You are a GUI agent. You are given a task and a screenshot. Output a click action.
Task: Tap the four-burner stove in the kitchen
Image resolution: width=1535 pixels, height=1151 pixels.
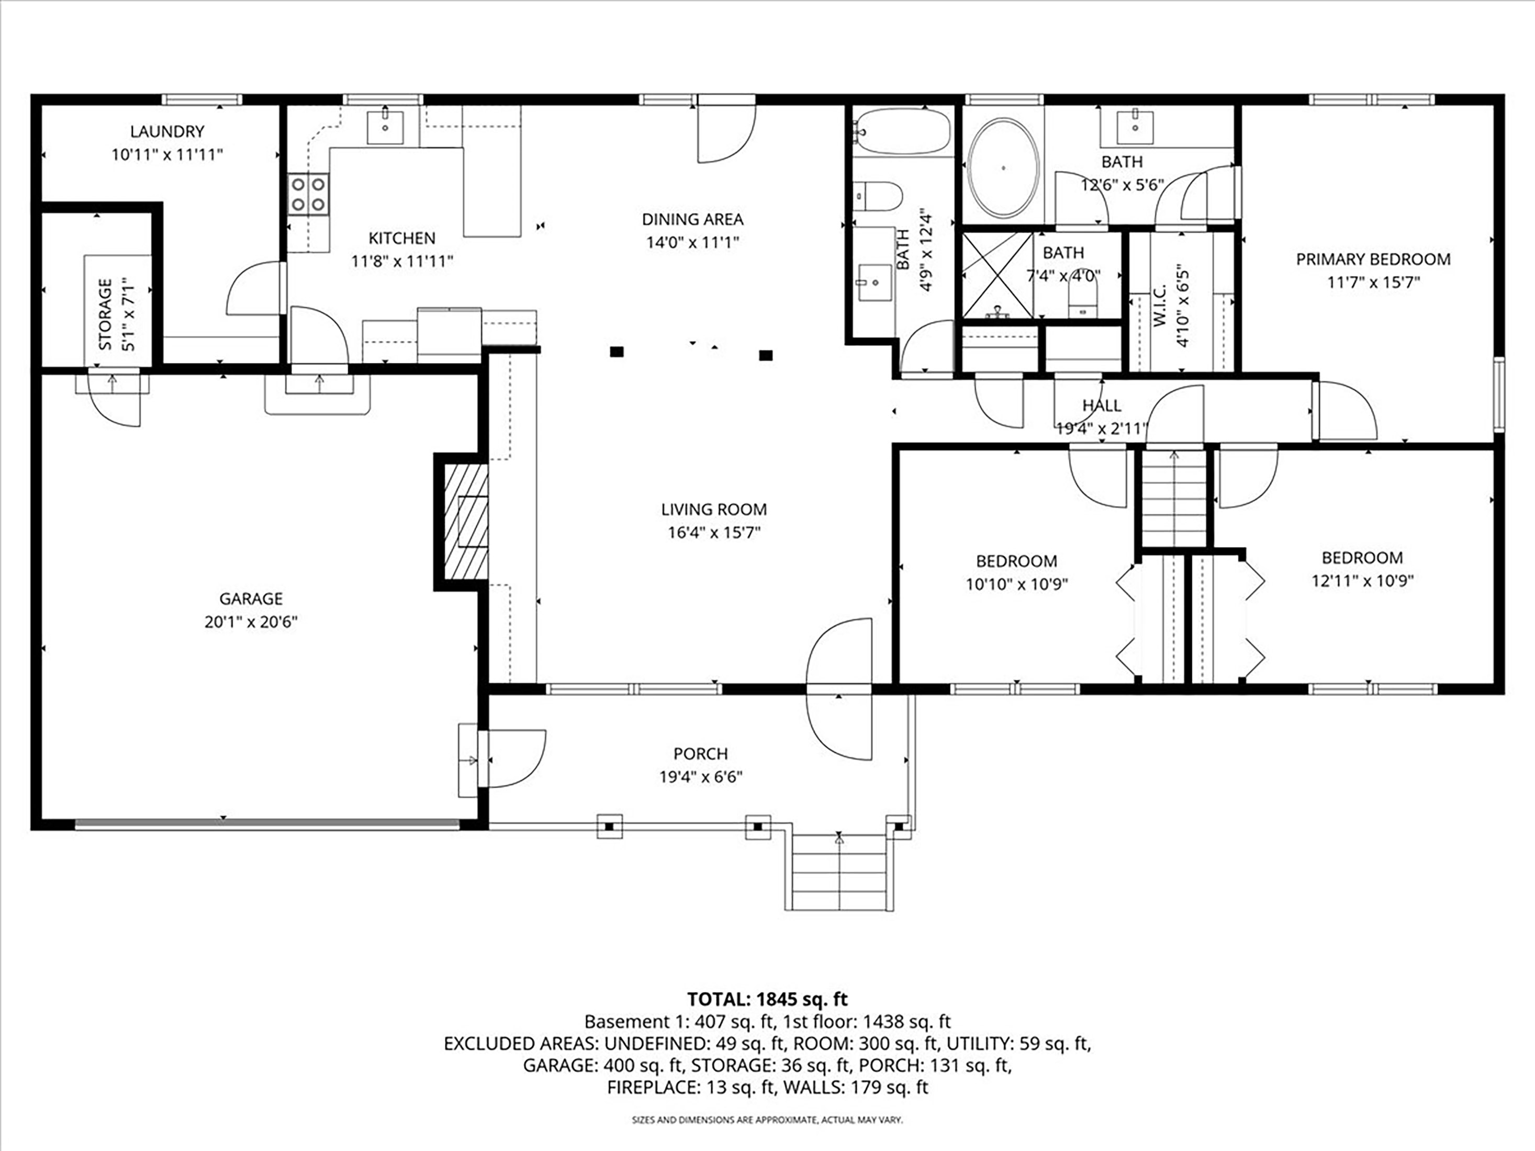[x=309, y=194]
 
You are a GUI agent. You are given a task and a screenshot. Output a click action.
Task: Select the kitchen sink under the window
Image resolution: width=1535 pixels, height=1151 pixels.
[x=385, y=127]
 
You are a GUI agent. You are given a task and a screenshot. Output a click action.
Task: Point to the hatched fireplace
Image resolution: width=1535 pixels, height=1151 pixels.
[x=466, y=521]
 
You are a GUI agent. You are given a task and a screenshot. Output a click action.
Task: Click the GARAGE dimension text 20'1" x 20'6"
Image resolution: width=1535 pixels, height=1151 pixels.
[x=251, y=622]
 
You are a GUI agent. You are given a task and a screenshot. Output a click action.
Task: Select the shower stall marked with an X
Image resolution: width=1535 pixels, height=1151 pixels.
[x=997, y=275]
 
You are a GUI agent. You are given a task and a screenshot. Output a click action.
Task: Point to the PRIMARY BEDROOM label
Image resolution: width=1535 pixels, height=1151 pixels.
[x=1373, y=259]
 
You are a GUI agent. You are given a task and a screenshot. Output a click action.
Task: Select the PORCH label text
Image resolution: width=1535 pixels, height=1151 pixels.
[x=700, y=753]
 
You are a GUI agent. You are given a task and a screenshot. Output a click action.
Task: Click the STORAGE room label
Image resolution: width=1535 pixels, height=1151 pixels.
[x=106, y=314]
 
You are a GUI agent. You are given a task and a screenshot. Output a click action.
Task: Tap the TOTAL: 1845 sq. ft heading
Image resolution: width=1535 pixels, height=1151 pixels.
[x=767, y=999]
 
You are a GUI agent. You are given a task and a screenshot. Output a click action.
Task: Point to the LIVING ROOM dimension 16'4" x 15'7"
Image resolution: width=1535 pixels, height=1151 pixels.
[x=714, y=533]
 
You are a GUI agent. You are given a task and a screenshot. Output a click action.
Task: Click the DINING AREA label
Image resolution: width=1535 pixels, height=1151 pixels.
[x=692, y=219]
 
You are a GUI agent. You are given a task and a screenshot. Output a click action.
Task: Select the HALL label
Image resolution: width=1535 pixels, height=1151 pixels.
[x=1101, y=405]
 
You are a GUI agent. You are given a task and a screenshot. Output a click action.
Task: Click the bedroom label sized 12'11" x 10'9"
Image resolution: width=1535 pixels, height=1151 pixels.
[x=1362, y=558]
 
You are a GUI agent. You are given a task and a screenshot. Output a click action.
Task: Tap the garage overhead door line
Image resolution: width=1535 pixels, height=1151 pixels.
[x=267, y=824]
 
